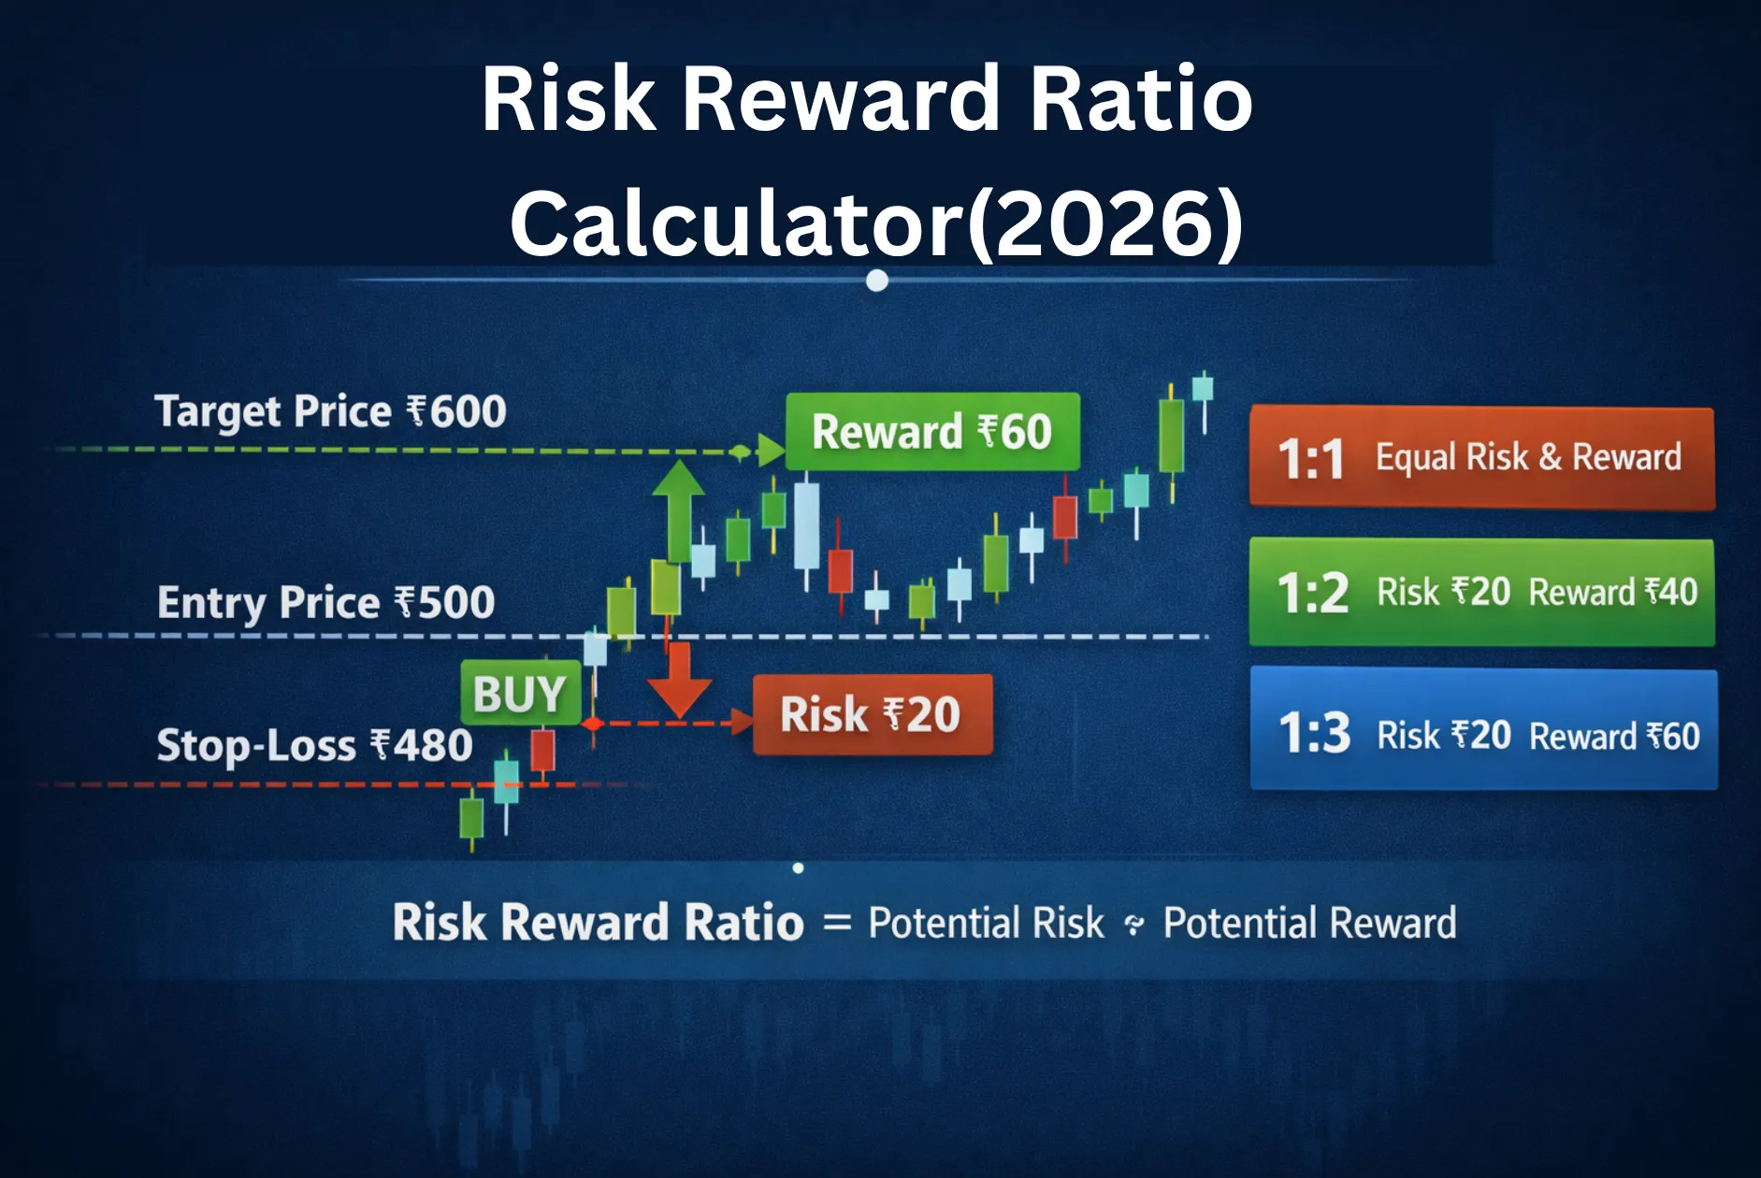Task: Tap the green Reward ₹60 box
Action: [x=932, y=432]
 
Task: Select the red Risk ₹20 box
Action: [x=872, y=715]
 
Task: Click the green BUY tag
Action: [x=520, y=694]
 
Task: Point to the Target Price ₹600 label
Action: [x=330, y=411]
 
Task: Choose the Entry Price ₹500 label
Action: [x=325, y=602]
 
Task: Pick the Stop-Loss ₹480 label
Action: [x=314, y=746]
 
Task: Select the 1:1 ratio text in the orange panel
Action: [x=1310, y=459]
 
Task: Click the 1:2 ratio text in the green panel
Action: [x=1312, y=593]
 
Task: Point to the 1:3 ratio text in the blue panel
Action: [x=1314, y=733]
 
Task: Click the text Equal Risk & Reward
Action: [x=1528, y=457]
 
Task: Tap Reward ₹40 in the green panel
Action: [x=1612, y=593]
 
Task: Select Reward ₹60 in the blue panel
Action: [x=1614, y=737]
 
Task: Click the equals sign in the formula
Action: [x=837, y=924]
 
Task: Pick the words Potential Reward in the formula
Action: [x=1309, y=924]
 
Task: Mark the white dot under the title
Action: [x=877, y=280]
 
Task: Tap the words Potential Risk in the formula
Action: [x=986, y=924]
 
